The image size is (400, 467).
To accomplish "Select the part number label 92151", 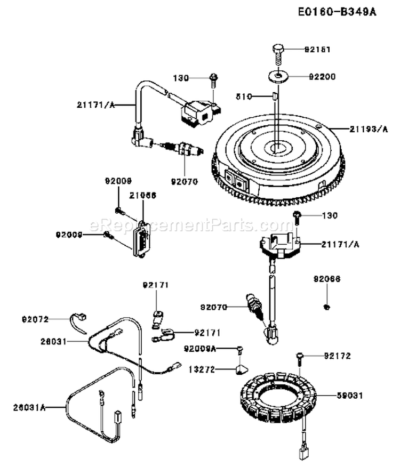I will point(318,50).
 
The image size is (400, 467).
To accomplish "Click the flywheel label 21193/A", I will point(355,128).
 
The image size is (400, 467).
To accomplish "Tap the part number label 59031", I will point(350,396).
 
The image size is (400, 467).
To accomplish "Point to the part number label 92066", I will point(326,279).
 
